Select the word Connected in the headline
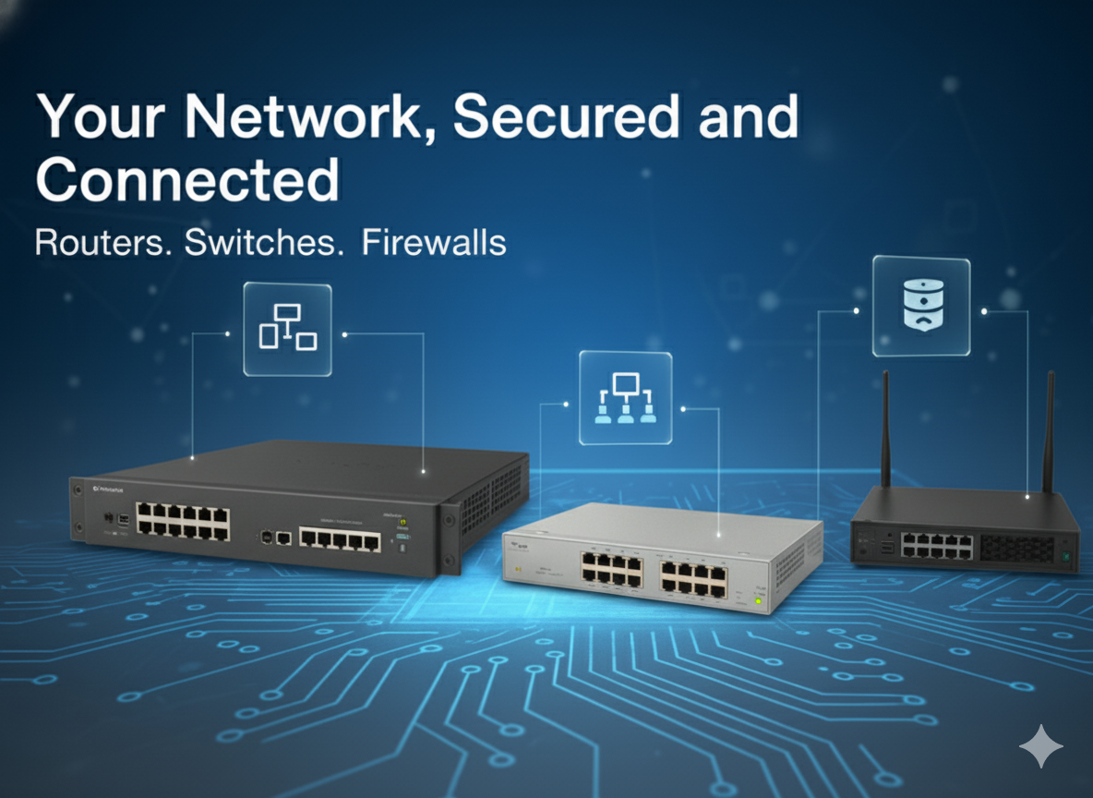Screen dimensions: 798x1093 tap(187, 180)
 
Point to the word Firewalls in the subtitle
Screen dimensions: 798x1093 tap(434, 243)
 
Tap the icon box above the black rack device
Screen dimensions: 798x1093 tap(287, 329)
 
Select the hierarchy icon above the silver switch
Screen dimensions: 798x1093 tap(625, 399)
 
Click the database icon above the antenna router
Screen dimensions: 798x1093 tap(920, 307)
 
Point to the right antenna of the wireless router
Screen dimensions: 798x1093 tap(1048, 429)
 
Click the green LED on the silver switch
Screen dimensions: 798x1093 tap(758, 602)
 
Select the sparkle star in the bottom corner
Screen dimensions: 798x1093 tap(1040, 745)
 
